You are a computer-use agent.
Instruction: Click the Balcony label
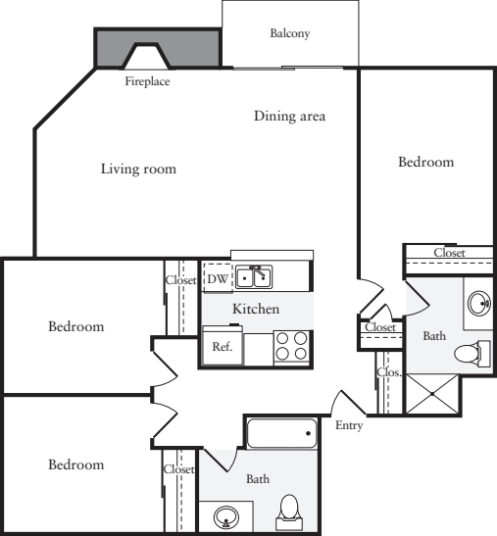290,33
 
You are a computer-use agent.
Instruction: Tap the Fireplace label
147,81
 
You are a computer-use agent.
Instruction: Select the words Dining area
289,116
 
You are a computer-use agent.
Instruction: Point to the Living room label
138,169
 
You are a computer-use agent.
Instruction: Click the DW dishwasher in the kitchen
218,277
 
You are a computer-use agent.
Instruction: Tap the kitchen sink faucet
258,270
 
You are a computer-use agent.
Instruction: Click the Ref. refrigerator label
223,347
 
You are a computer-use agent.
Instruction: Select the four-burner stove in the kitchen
291,348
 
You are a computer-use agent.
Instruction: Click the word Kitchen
256,309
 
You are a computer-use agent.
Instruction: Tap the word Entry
349,425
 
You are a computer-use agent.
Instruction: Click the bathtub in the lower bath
282,433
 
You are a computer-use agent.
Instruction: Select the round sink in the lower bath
225,516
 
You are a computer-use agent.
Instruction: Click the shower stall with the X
432,394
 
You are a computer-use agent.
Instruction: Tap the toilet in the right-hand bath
472,354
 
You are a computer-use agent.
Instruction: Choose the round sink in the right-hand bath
479,303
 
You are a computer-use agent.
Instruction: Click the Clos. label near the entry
389,372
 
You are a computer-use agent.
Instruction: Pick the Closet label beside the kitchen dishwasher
181,280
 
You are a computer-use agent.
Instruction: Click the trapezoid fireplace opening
147,56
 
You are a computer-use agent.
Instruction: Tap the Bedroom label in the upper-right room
426,162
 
